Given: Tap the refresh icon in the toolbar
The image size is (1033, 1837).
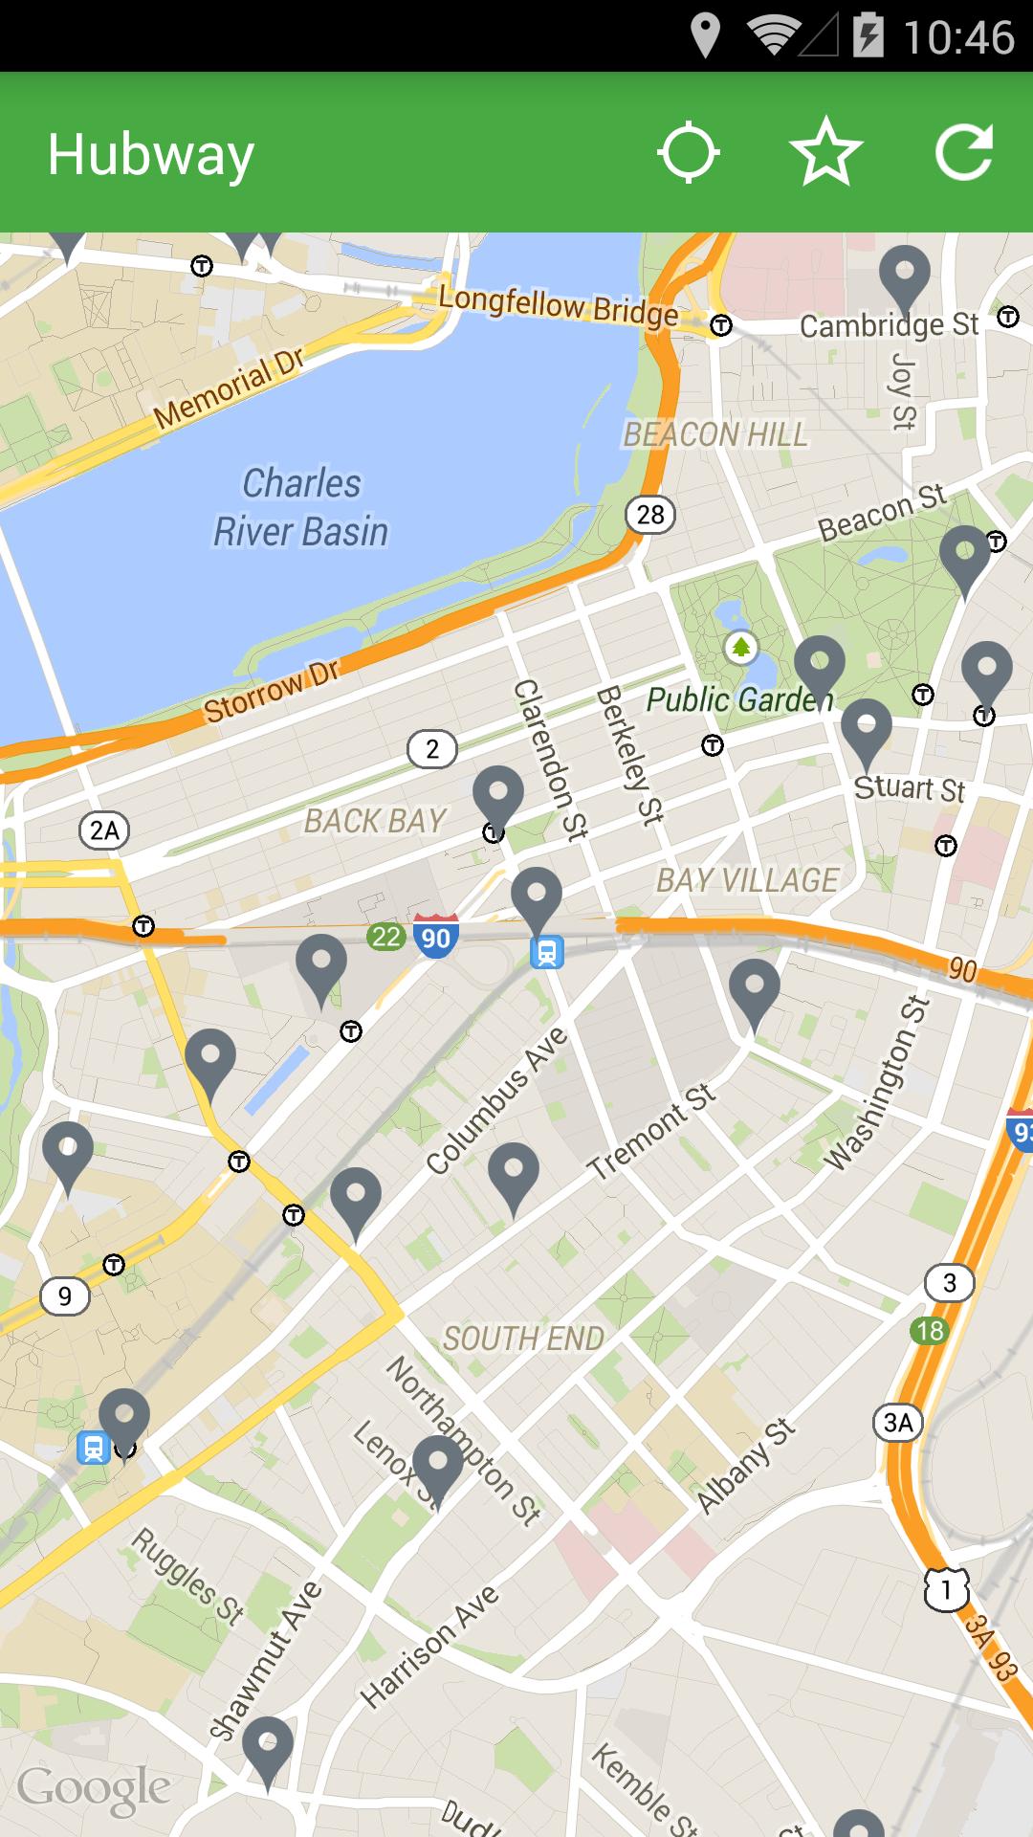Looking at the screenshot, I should tap(963, 152).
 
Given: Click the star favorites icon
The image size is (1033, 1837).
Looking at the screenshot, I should tap(825, 152).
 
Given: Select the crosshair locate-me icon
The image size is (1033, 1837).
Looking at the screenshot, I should tap(688, 152).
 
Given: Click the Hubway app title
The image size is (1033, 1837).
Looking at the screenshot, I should tap(151, 155).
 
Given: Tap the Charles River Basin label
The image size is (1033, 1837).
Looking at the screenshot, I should tap(301, 508).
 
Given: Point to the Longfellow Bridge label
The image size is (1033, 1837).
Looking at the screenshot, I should tap(559, 306).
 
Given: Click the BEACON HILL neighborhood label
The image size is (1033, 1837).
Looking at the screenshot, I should tap(715, 435).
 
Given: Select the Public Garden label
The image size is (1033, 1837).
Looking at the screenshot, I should tap(738, 700).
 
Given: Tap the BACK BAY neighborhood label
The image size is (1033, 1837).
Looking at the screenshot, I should tap(375, 821).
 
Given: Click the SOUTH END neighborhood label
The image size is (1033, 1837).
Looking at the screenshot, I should tap(523, 1339).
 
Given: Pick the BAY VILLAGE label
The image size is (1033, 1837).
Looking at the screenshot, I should tap(747, 880).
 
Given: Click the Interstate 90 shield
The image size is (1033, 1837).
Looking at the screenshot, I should tap(435, 937).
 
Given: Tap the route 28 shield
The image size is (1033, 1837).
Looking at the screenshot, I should tap(650, 515).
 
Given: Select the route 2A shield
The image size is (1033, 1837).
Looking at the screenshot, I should tap(104, 830).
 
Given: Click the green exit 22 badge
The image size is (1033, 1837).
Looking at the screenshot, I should tap(386, 937).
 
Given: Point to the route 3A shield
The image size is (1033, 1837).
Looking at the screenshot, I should tap(898, 1423).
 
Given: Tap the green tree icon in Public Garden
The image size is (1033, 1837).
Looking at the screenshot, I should tap(739, 648).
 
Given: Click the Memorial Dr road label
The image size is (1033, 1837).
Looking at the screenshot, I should tap(229, 387).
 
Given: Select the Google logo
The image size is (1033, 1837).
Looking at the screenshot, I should tap(94, 1787).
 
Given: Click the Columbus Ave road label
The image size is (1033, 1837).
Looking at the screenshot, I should tap(497, 1102).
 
